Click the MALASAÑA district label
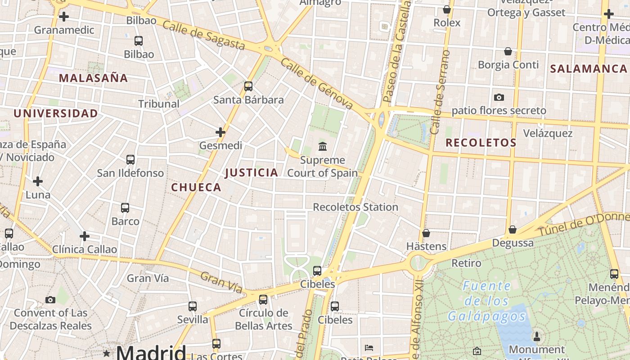click(x=93, y=78)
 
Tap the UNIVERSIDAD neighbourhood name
click(x=56, y=113)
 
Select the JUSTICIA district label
click(x=252, y=172)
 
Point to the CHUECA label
click(x=196, y=187)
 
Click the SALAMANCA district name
click(x=589, y=68)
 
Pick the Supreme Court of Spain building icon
click(x=323, y=146)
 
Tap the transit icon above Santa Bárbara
click(x=248, y=86)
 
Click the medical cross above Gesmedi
click(x=220, y=132)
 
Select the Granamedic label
click(x=64, y=30)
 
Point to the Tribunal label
click(x=159, y=103)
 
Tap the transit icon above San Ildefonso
click(x=130, y=159)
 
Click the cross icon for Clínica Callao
click(x=85, y=236)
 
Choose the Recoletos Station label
click(x=355, y=207)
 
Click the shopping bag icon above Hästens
click(x=426, y=233)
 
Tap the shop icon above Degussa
click(x=513, y=229)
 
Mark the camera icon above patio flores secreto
click(x=499, y=97)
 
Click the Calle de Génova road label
click(x=316, y=84)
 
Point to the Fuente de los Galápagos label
click(x=487, y=301)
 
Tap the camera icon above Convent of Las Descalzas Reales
click(x=50, y=300)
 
